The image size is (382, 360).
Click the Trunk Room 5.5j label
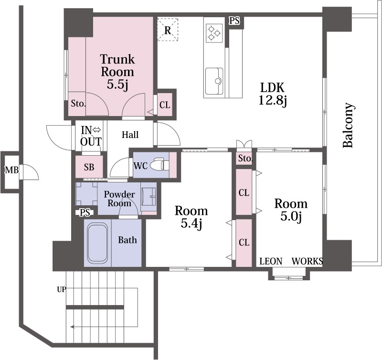tap(117, 72)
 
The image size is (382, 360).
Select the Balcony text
tap(348, 126)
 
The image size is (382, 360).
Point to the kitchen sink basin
tap(214, 81)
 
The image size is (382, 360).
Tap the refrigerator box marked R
tap(168, 29)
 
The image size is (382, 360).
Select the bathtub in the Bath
tap(97, 243)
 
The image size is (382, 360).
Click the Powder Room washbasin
tap(149, 197)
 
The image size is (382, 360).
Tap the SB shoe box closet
tap(89, 167)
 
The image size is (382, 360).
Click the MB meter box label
tap(11, 170)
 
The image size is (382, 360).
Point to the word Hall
tap(130, 135)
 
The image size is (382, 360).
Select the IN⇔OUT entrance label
tap(91, 136)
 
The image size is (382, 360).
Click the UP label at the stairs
tap(62, 289)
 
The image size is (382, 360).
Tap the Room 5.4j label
tap(191, 217)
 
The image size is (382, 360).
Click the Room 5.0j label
tap(291, 210)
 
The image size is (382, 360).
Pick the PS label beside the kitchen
tap(234, 21)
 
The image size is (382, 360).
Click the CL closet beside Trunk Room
tap(165, 105)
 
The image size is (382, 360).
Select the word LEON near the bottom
tap(271, 261)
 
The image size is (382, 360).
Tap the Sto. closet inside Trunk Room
tap(78, 104)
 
